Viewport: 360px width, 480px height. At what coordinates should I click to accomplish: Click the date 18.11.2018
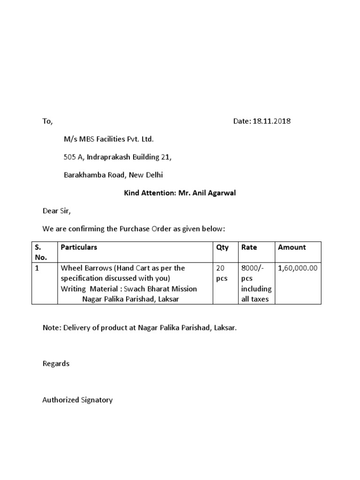tap(271, 121)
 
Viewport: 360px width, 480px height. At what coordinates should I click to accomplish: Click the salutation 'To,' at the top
tap(47, 121)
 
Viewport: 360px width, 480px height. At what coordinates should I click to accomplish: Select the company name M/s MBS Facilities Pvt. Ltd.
tap(109, 139)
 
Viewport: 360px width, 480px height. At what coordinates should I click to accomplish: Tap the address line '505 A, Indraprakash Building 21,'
tap(118, 157)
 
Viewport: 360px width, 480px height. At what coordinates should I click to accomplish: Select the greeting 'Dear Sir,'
tap(56, 211)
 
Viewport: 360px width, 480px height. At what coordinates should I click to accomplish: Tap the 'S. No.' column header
tap(39, 252)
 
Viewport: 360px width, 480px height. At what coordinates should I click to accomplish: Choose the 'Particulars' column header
tap(79, 247)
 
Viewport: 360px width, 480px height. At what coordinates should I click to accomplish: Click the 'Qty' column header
tap(222, 247)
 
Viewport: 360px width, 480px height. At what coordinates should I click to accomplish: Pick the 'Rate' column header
tap(249, 247)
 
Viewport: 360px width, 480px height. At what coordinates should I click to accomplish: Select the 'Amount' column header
tap(292, 247)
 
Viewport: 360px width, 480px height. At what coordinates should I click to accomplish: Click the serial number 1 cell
tap(37, 268)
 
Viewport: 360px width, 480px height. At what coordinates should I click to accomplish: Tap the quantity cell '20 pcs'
tap(221, 273)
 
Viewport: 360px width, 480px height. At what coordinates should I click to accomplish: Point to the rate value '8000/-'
tap(252, 268)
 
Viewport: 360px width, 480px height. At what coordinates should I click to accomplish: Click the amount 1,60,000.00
tap(298, 268)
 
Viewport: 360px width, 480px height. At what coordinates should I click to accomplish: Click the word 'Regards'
tap(56, 364)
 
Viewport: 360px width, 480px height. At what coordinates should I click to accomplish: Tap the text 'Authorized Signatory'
tap(77, 400)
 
